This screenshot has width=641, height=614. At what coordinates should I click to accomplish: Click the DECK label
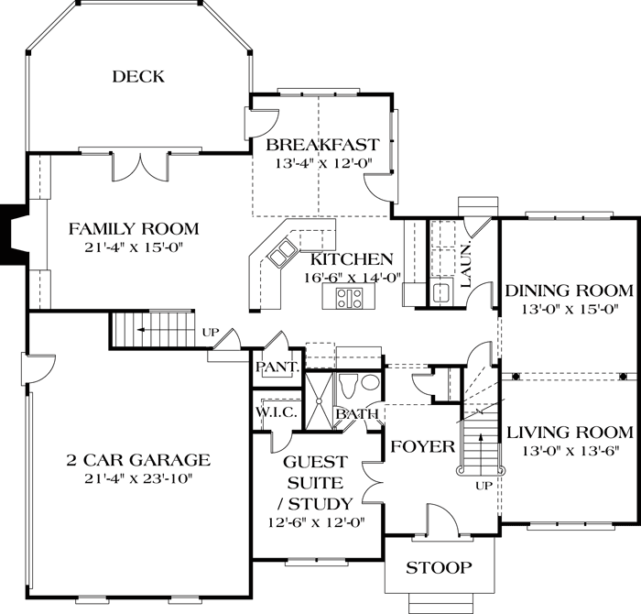(x=138, y=76)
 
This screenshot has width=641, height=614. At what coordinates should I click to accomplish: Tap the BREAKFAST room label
(x=322, y=145)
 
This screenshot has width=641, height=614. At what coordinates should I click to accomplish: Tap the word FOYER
(x=423, y=446)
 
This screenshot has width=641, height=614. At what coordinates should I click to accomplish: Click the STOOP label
(x=440, y=568)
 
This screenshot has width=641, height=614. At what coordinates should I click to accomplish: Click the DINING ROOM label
(x=569, y=291)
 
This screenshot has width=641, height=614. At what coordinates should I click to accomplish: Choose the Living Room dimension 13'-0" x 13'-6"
(x=569, y=450)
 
